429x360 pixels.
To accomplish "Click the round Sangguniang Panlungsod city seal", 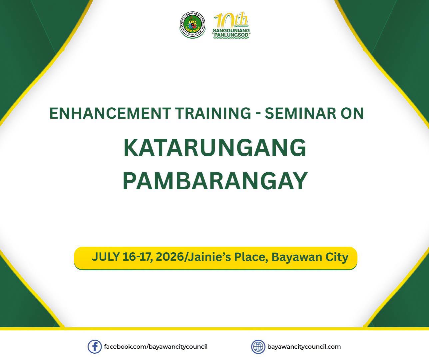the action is click(193, 25).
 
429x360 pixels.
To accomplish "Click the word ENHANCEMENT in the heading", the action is click(110, 113).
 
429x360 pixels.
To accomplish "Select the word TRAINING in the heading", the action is click(213, 113).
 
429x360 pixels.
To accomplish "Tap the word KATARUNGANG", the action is click(215, 148).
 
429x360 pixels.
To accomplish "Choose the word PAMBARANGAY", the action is click(215, 181).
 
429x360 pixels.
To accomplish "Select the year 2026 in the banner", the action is click(170, 257).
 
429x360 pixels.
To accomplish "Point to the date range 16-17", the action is click(138, 257).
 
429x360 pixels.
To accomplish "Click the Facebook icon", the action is click(95, 347).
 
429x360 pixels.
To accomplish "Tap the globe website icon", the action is click(258, 347).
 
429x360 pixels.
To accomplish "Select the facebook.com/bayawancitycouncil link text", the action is click(156, 347).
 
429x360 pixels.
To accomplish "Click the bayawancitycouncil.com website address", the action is click(304, 347).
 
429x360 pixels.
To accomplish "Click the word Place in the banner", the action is click(252, 257).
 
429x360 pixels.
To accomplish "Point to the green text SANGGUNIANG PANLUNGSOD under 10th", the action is click(231, 33).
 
